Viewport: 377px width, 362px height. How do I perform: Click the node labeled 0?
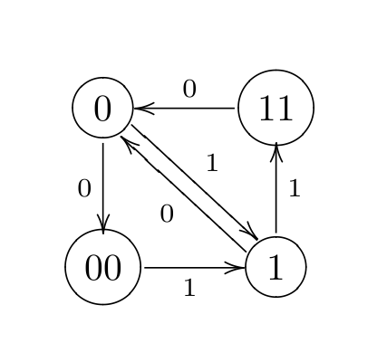click(102, 108)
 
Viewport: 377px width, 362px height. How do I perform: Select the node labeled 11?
click(275, 108)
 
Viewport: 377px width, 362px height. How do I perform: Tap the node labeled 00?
click(102, 267)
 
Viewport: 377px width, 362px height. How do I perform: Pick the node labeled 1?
click(275, 267)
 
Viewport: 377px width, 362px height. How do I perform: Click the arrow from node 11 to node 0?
click(186, 108)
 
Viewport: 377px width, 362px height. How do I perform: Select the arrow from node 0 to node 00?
click(102, 186)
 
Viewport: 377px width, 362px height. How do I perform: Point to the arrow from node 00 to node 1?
click(192, 267)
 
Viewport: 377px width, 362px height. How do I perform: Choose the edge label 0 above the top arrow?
click(188, 89)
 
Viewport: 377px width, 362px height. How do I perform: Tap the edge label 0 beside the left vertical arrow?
click(84, 188)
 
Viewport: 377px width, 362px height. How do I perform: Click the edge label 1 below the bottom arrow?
click(188, 288)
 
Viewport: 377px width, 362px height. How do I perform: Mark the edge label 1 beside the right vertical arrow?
click(294, 189)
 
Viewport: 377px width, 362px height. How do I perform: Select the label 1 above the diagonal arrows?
click(212, 164)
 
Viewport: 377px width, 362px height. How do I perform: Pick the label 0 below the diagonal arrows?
click(166, 214)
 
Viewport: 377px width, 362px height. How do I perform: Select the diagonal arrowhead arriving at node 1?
click(249, 234)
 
